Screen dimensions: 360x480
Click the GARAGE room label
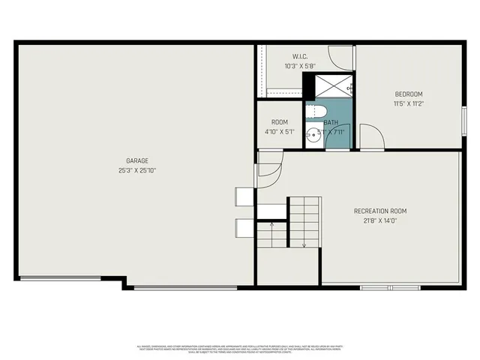point(136,160)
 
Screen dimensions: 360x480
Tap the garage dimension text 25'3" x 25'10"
point(136,170)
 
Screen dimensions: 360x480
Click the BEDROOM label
point(409,94)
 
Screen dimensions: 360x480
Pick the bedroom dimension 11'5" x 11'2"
point(409,103)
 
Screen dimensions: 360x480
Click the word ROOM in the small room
point(280,122)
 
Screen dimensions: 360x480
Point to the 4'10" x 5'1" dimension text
point(280,132)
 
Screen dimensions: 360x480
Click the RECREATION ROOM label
point(379,211)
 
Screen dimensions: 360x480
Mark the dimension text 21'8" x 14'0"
point(379,221)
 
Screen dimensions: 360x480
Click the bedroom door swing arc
point(373,136)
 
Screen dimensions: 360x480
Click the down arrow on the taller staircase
point(304,242)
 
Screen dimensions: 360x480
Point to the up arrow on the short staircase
point(271,225)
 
